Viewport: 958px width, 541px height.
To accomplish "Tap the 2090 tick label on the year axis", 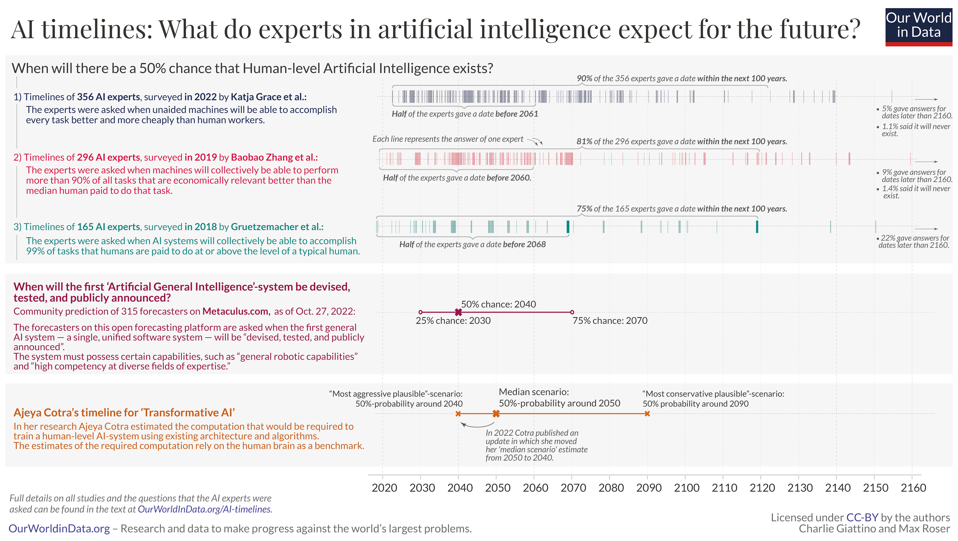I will [x=649, y=488].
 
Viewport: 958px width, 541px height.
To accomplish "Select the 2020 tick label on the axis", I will [x=384, y=488].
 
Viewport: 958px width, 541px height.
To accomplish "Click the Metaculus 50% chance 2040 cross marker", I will [x=458, y=312].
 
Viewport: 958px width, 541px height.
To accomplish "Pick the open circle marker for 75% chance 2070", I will [x=572, y=312].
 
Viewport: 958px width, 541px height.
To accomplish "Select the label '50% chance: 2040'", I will [x=498, y=304].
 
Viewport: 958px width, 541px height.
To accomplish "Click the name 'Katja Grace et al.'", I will [x=268, y=97].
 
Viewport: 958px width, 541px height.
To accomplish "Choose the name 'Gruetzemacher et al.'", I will [x=277, y=227].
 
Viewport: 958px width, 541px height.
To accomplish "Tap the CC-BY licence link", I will [x=862, y=518].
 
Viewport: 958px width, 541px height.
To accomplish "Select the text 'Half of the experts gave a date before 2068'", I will [x=472, y=245].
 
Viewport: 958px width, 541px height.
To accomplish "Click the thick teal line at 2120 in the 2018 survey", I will [x=757, y=227].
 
